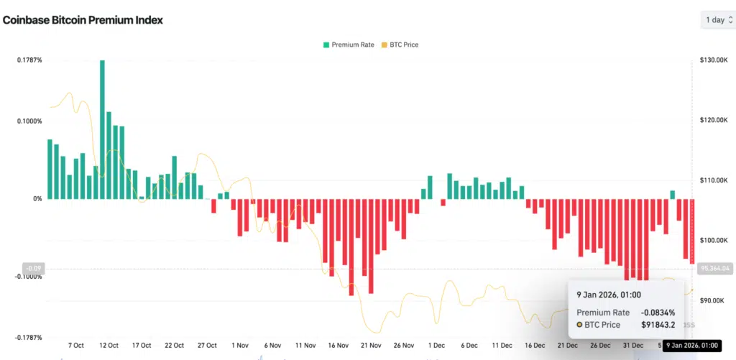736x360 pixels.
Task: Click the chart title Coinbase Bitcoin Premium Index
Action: click(x=83, y=20)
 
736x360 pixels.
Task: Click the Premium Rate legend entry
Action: click(x=349, y=45)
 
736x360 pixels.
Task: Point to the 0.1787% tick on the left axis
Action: click(x=29, y=60)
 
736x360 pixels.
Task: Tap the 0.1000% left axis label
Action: click(x=29, y=121)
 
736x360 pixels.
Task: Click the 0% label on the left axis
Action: click(x=37, y=198)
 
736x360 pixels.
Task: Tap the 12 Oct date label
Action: click(x=109, y=346)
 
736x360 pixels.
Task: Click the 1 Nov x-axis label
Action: click(x=241, y=346)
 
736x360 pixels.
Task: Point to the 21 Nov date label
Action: click(x=371, y=346)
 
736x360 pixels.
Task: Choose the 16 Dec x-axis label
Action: click(x=535, y=346)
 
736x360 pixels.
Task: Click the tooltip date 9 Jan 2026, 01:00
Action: click(x=609, y=295)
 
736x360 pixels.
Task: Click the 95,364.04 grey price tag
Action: click(x=714, y=268)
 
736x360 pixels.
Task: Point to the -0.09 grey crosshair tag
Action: click(x=33, y=269)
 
